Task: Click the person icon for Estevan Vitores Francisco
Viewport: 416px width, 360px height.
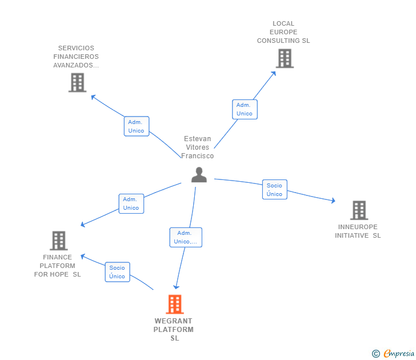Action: pyautogui.click(x=199, y=175)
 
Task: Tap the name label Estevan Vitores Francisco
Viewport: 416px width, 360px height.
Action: pyautogui.click(x=198, y=147)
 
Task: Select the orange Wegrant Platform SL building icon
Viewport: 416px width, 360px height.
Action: pyautogui.click(x=174, y=304)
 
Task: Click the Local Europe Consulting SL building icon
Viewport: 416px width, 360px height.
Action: pyautogui.click(x=284, y=58)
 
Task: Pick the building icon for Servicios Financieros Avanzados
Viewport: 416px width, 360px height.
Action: pyautogui.click(x=77, y=83)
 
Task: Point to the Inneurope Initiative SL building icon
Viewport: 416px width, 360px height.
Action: pyautogui.click(x=358, y=210)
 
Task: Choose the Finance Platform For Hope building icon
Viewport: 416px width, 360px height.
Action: pyautogui.click(x=58, y=241)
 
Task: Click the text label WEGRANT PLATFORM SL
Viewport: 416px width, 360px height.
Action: pyautogui.click(x=174, y=329)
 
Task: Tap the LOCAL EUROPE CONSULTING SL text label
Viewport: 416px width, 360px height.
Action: pyautogui.click(x=283, y=33)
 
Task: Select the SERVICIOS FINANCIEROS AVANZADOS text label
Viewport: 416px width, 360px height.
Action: pyautogui.click(x=76, y=57)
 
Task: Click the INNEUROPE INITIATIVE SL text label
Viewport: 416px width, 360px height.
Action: pyautogui.click(x=358, y=231)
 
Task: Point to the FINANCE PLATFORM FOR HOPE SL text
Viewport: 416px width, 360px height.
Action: pyautogui.click(x=58, y=266)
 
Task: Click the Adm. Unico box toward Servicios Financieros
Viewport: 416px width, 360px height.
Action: pyautogui.click(x=137, y=126)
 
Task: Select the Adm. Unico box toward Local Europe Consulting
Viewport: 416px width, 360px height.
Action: pyautogui.click(x=245, y=109)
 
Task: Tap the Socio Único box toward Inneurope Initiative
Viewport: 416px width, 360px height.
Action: pyautogui.click(x=274, y=190)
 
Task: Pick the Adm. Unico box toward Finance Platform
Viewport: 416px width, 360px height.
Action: pyautogui.click(x=131, y=203)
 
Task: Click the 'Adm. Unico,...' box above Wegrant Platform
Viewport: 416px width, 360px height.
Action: pyautogui.click(x=186, y=237)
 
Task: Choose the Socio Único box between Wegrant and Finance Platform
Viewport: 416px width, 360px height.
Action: pyautogui.click(x=117, y=272)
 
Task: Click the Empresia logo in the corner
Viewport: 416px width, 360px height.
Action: pyautogui.click(x=399, y=354)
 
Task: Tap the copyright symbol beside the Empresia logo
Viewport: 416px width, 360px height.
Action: pyautogui.click(x=376, y=354)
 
